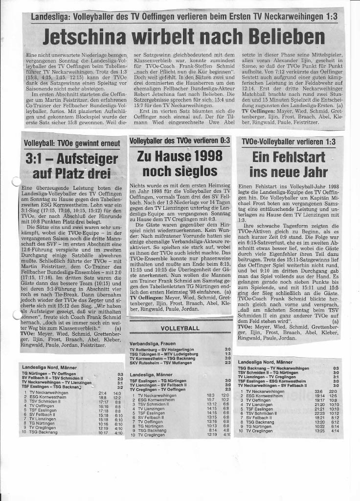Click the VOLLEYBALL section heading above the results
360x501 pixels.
point(180,328)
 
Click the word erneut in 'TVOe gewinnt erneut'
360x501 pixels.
point(108,143)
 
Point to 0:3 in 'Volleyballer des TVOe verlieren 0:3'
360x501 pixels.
point(224,140)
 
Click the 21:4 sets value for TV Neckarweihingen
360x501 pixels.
point(102,393)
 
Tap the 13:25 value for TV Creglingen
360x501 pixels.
point(319,431)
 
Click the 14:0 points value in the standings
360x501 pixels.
point(117,393)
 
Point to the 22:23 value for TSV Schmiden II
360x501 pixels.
point(319,413)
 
